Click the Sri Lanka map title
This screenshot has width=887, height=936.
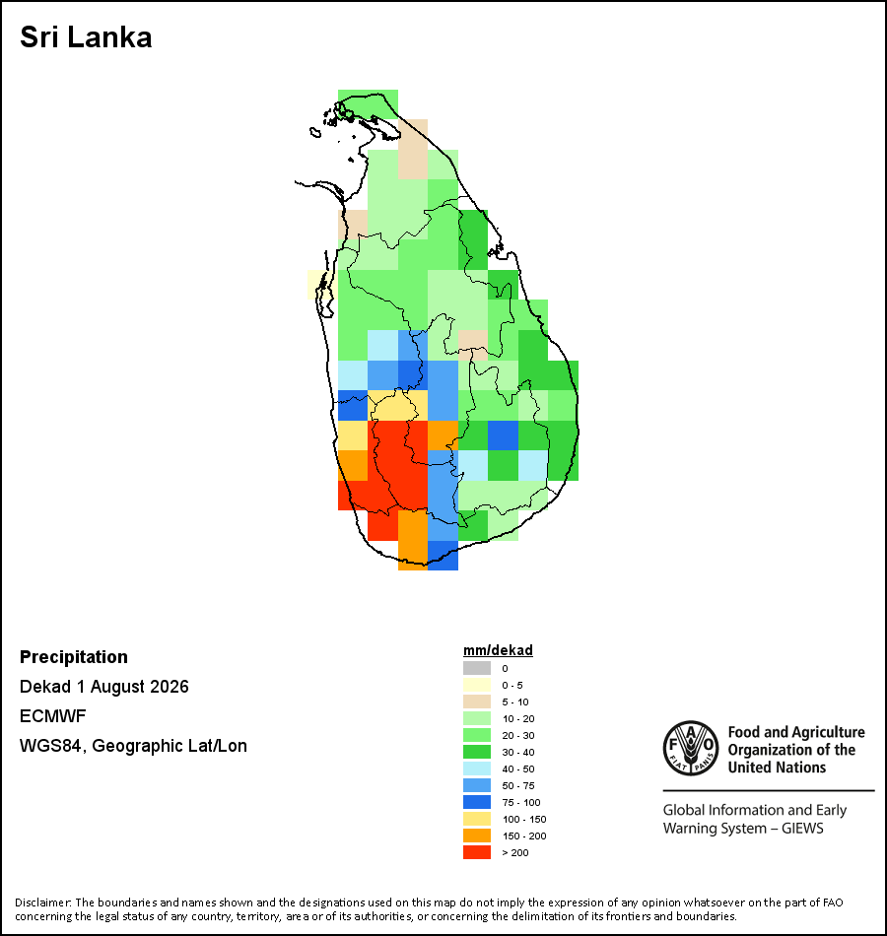86,37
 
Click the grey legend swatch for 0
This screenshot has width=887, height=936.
477,668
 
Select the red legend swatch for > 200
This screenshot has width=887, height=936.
477,852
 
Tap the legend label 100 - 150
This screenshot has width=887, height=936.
524,819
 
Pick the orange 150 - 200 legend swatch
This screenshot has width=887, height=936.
477,836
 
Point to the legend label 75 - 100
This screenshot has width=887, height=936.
520,802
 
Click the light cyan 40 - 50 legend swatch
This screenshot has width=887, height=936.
477,769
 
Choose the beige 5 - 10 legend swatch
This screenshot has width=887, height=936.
477,702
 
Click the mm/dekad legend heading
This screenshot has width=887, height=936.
498,650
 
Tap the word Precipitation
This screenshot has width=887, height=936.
74,656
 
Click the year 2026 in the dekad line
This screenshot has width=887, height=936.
170,687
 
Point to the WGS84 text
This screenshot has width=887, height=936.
50,746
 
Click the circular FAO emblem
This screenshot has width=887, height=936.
691,748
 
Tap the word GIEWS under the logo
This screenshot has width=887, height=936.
802,829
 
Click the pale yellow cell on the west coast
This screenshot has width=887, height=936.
320,284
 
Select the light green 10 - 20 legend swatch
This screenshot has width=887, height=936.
477,718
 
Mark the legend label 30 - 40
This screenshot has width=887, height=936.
517,752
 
